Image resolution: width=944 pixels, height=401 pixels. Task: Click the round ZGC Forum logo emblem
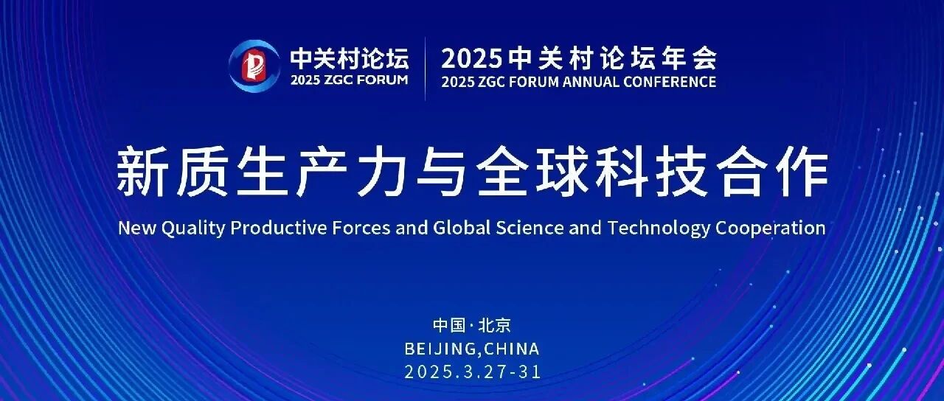254,66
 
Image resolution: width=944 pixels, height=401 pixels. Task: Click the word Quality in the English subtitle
193,229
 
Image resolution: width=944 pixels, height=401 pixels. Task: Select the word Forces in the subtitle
361,228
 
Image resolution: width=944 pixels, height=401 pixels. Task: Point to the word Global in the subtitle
461,228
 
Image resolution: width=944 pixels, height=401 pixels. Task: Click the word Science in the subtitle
530,228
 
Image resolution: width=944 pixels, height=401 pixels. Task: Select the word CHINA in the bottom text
511,349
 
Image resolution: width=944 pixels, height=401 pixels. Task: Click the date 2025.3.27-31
473,372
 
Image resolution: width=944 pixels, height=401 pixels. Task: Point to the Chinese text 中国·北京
472,325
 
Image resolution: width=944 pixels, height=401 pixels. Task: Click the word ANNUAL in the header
590,81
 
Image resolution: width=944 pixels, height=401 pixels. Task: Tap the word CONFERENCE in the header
669,81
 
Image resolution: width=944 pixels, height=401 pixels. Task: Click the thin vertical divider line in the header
425,69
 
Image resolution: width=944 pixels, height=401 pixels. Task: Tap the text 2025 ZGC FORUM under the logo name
349,80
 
